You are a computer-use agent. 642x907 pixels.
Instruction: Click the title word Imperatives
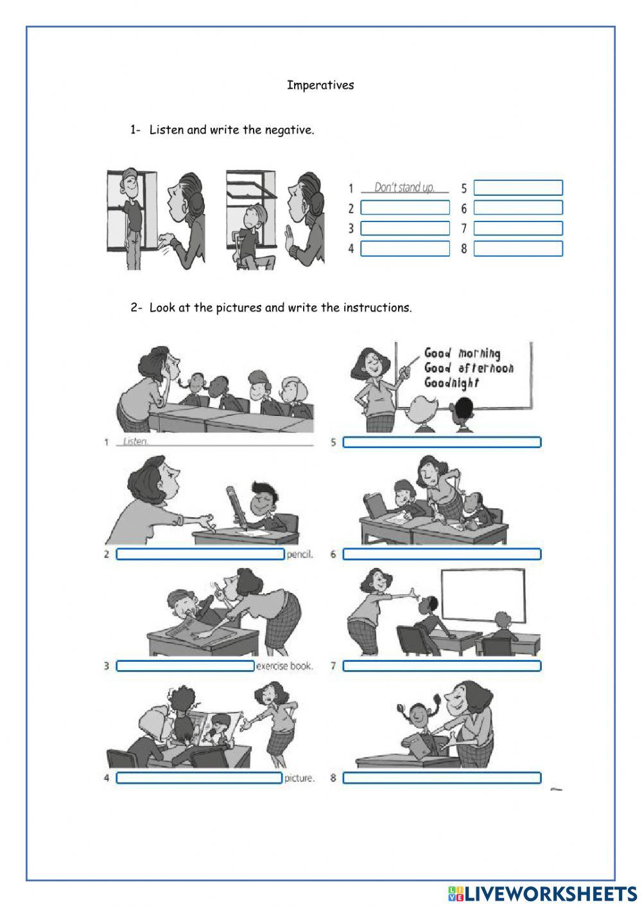320,85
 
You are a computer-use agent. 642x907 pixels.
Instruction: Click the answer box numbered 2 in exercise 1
405,208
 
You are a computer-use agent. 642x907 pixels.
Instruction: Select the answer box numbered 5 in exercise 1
518,187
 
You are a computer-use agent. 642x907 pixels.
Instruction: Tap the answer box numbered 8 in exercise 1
518,248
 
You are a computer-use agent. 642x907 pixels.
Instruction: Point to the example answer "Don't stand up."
404,187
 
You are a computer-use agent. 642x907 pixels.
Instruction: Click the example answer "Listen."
135,442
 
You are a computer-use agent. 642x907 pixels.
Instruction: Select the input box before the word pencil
200,555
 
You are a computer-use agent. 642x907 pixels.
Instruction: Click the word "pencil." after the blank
300,555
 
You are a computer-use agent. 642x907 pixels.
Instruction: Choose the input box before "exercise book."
185,666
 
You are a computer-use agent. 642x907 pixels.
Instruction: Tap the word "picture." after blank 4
299,778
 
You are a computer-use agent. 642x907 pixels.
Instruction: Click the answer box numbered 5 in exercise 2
442,442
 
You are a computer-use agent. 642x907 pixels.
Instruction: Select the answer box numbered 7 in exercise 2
442,666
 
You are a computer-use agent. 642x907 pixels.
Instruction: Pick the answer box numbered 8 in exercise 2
442,778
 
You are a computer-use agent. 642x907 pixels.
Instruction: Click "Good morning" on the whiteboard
462,353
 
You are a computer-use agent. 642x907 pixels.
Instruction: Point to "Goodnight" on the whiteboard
451,383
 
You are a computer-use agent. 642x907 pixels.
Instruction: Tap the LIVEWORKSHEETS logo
542,894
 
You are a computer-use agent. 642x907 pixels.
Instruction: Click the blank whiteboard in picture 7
483,596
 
